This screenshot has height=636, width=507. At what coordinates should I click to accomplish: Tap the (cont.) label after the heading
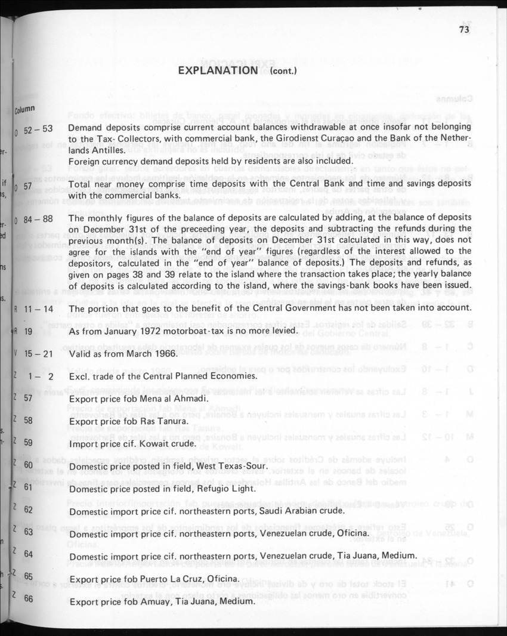click(283, 72)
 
